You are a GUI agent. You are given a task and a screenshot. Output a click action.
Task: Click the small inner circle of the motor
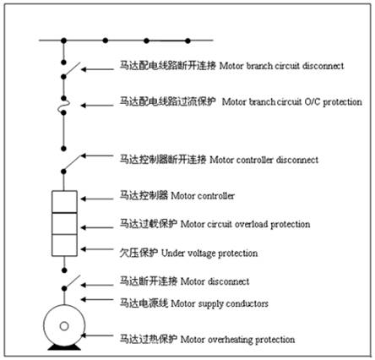click(64, 326)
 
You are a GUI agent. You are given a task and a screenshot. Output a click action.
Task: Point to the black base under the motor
click(64, 347)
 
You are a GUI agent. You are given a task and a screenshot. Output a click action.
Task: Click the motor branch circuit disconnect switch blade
click(72, 69)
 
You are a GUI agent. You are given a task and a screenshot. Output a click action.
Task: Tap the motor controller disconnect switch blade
click(73, 163)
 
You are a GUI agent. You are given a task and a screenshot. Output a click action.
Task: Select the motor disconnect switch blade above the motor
click(73, 281)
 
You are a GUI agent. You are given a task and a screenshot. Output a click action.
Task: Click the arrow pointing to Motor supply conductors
click(97, 300)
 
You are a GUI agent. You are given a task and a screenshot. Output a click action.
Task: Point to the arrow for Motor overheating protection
click(97, 335)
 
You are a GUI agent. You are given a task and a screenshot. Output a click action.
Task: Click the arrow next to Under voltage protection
click(97, 249)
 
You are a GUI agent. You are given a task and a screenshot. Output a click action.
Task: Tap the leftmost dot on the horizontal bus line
click(64, 41)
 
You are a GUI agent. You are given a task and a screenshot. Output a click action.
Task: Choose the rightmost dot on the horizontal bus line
click(187, 41)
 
